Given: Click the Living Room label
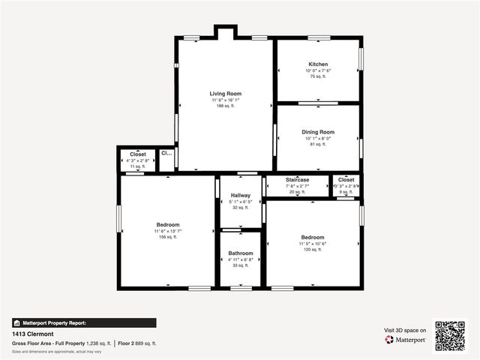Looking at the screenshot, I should [x=226, y=94].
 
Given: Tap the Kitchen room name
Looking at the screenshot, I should [x=318, y=64].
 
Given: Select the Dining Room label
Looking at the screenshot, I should [x=318, y=132].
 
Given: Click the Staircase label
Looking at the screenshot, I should [x=298, y=180].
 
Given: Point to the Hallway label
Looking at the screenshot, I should [x=240, y=195].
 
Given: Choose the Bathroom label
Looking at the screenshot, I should [x=240, y=253].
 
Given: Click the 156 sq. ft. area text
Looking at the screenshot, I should [x=167, y=237].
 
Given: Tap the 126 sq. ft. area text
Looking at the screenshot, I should [x=313, y=249].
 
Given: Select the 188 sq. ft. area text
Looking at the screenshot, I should [x=226, y=106].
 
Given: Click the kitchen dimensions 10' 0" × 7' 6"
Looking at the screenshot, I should [x=318, y=71].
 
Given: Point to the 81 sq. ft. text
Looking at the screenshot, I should [x=318, y=145].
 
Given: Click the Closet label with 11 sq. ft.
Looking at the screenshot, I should [x=138, y=154].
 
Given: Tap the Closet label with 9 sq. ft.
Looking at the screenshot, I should [x=346, y=180].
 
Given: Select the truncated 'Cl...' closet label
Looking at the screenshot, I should [x=166, y=154].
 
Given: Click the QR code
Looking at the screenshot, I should [x=450, y=335].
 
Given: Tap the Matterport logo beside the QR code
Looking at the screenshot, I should [x=406, y=340].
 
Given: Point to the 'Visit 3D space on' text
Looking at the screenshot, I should [x=405, y=330].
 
